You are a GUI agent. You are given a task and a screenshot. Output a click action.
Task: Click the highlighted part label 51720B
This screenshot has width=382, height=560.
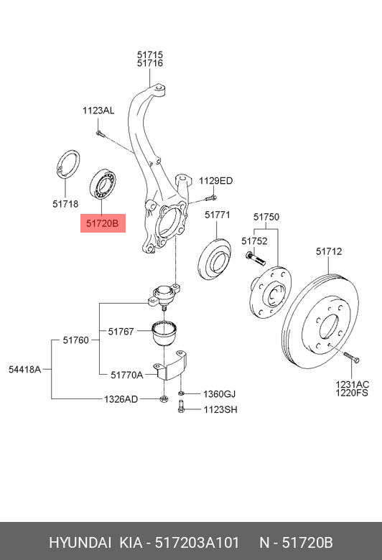click(103, 223)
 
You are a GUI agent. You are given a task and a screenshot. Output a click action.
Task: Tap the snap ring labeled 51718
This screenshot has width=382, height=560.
click(68, 164)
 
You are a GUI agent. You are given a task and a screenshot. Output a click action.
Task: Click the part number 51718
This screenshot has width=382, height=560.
click(65, 204)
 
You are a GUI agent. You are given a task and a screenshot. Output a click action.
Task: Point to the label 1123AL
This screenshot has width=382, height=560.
click(98, 111)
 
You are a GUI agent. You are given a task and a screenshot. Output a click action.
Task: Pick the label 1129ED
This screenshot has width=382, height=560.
click(216, 181)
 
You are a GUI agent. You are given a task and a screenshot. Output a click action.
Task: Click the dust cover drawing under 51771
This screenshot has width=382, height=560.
click(215, 260)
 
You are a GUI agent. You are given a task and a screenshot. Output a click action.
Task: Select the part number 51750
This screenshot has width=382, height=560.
click(266, 217)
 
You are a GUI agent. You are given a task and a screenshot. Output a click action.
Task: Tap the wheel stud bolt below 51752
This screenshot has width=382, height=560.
click(255, 258)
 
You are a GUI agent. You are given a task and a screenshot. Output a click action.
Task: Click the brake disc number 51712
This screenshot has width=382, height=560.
click(329, 251)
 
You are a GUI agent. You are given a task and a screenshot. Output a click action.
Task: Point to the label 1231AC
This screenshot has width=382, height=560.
click(352, 385)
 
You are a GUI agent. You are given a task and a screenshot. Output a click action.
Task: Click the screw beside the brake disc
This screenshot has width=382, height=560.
click(351, 358)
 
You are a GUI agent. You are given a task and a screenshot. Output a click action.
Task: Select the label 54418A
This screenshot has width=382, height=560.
click(25, 369)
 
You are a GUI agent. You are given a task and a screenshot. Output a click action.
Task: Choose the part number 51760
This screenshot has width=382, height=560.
click(76, 340)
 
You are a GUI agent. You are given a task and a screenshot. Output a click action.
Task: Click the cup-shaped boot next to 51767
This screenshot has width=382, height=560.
click(165, 333)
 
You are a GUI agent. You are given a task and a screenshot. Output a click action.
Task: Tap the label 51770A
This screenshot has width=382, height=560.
click(127, 375)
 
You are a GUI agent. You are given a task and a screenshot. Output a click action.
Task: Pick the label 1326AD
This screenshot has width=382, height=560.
click(121, 399)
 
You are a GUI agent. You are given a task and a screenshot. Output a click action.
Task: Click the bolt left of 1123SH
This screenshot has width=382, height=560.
click(181, 406)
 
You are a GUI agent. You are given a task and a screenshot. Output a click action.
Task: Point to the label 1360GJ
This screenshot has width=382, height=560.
click(220, 394)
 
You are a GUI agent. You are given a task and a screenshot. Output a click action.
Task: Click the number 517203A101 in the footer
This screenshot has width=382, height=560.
click(197, 543)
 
